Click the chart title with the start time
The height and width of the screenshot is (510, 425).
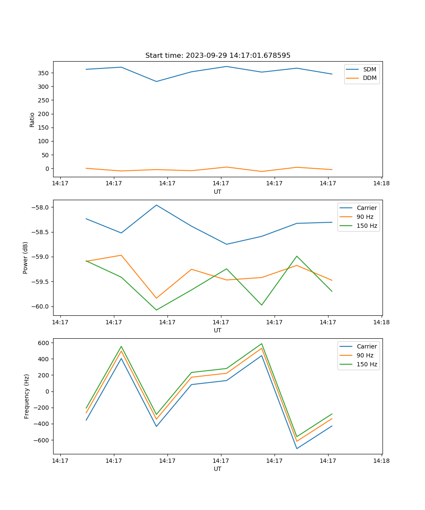pyautogui.click(x=218, y=56)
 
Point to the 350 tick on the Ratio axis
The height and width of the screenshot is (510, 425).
pyautogui.click(x=44, y=73)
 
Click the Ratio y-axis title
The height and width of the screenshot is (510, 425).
pyautogui.click(x=32, y=119)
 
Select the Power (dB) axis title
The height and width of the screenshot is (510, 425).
pyautogui.click(x=25, y=258)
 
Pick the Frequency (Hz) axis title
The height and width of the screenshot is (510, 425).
pyautogui.click(x=27, y=396)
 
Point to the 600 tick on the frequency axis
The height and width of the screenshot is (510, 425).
pyautogui.click(x=45, y=343)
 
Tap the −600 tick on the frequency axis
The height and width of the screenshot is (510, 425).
pyautogui.click(x=42, y=440)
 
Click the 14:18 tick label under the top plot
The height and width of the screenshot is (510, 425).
pyautogui.click(x=381, y=184)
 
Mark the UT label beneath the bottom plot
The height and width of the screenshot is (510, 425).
pyautogui.click(x=218, y=469)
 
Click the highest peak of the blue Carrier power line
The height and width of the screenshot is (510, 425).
pyautogui.click(x=156, y=205)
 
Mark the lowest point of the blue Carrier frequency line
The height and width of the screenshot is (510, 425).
pyautogui.click(x=297, y=448)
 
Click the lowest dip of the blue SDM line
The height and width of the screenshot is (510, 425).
pyautogui.click(x=156, y=82)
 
